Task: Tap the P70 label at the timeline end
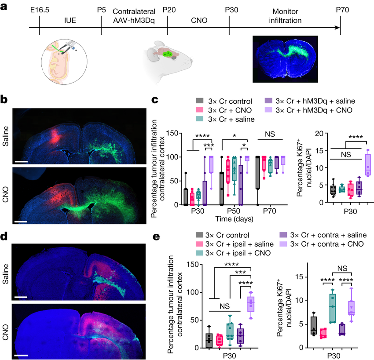pos(341,10)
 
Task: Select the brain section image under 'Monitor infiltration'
pos(286,61)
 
